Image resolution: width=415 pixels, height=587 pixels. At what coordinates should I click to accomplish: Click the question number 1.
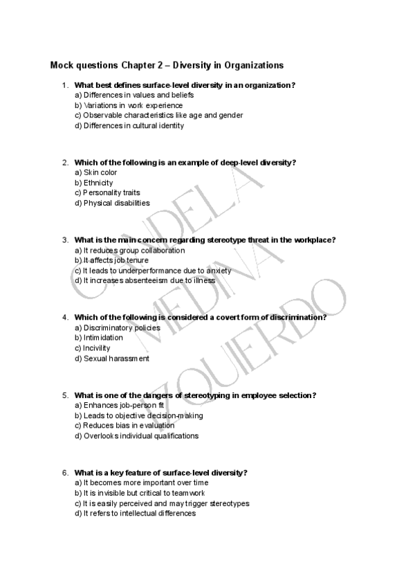64,85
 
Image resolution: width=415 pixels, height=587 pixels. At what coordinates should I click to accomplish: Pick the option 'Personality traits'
107,193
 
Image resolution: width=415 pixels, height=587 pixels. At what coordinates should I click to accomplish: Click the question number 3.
64,240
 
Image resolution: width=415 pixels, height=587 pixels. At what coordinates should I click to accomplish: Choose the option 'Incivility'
96,348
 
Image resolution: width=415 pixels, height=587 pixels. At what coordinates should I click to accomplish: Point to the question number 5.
64,395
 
